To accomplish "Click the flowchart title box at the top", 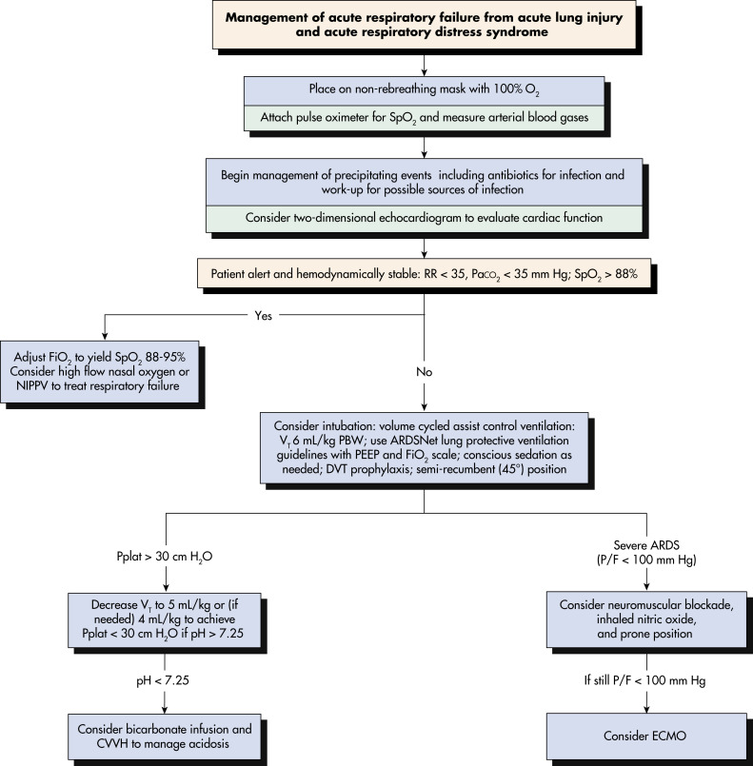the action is (x=425, y=25).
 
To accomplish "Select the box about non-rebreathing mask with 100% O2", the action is (x=425, y=90).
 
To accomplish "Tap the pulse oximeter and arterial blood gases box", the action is (x=425, y=118).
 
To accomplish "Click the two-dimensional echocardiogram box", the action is (x=425, y=218).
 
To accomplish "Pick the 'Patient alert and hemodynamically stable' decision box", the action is (x=425, y=273).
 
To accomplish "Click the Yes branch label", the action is (x=264, y=316).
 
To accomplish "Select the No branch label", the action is (x=425, y=372).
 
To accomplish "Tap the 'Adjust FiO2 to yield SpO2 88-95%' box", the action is (x=100, y=372).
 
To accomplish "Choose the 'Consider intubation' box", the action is (x=425, y=448).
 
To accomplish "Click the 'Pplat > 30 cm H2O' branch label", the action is (x=165, y=557).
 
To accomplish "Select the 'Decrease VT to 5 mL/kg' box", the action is (x=165, y=620).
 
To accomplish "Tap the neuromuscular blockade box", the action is (x=646, y=619).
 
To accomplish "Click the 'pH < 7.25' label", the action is (x=163, y=680).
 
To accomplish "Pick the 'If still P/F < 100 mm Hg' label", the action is (x=645, y=680).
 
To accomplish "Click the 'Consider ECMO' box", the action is (x=646, y=736).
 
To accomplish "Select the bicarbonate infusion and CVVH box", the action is (x=165, y=737).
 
